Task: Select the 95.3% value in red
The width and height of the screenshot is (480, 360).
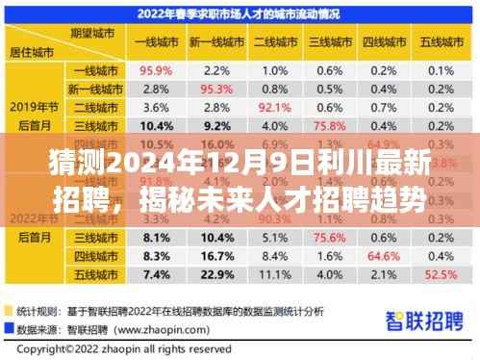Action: (215, 89)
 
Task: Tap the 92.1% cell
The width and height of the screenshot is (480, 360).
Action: (275, 107)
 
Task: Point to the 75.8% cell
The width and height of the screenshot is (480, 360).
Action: (331, 125)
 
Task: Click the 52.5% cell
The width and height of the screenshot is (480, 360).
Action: (442, 275)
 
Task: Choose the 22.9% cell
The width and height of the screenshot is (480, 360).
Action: (215, 275)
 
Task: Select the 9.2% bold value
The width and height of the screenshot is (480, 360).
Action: (215, 125)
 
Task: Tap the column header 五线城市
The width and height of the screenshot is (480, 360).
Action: (442, 42)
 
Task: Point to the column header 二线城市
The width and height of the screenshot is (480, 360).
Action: (275, 42)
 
